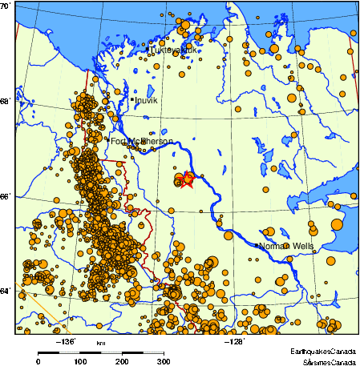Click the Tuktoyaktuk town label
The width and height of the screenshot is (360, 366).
174,50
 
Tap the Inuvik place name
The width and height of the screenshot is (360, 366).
146,101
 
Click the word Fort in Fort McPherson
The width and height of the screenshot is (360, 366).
118,142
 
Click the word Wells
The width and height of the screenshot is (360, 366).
303,246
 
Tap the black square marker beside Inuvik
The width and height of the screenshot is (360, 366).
132,100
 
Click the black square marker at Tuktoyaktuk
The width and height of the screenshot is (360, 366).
148,50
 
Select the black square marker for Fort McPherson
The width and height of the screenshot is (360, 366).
108,141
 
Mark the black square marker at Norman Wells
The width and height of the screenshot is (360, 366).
257,245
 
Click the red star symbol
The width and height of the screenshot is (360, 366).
187,179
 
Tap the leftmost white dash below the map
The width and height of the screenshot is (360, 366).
70,352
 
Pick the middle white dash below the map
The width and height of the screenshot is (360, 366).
111,352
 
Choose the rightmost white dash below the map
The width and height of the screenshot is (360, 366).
153,352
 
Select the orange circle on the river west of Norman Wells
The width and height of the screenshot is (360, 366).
229,235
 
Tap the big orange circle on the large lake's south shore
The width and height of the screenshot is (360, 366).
337,224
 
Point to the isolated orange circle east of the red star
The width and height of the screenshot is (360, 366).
265,190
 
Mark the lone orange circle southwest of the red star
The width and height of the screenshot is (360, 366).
171,211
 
